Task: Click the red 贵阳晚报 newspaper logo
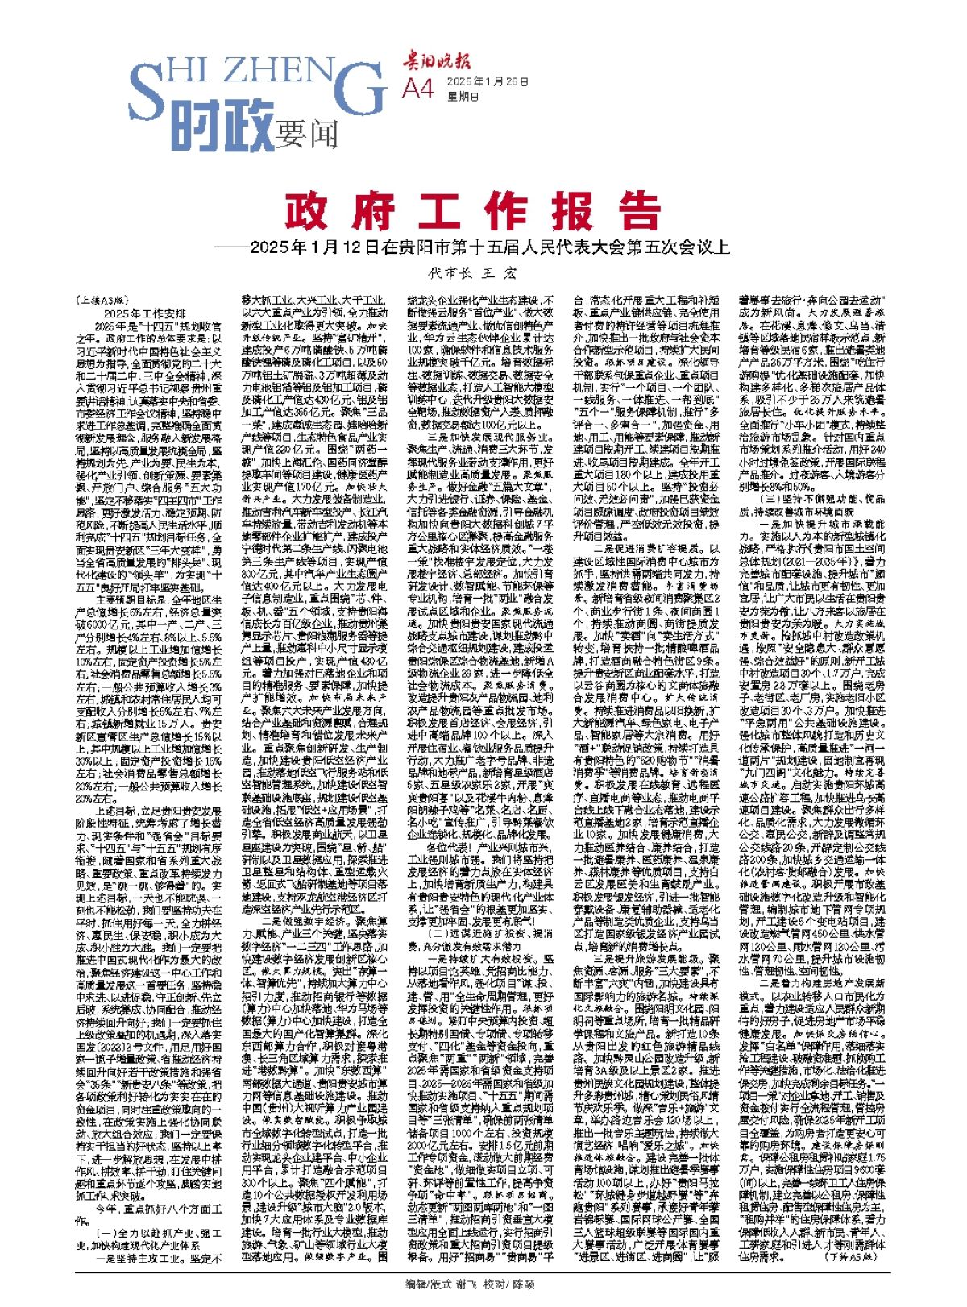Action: click(438, 60)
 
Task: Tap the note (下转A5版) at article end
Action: click(846, 1255)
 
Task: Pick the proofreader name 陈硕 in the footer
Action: click(525, 1284)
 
